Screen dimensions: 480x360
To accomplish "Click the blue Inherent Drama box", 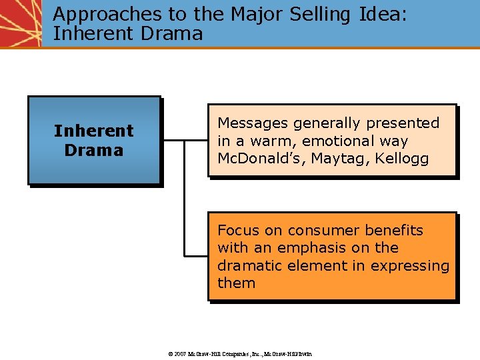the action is coord(94,140).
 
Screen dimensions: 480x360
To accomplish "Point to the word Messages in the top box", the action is coord(252,123).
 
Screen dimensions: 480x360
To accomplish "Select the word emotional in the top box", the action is coord(339,141).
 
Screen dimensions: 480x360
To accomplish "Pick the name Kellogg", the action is coord(402,159).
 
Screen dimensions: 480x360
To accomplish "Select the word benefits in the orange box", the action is coord(393,231).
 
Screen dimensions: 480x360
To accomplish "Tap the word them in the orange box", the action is coord(236,283).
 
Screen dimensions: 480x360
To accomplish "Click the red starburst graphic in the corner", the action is coord(20,23).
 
